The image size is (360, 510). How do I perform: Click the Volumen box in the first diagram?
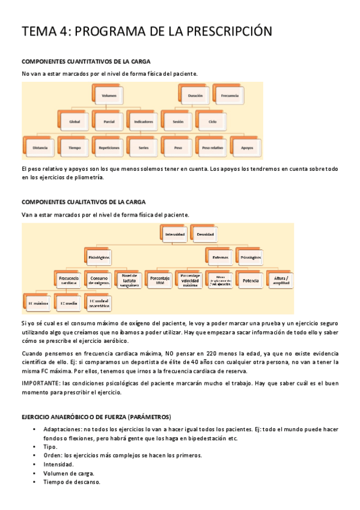tap(109, 96)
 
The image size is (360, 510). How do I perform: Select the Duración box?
tap(194, 96)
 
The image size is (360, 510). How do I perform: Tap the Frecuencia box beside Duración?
tap(229, 96)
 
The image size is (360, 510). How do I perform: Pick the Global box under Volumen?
tap(75, 121)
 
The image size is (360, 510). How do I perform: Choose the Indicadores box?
tap(144, 121)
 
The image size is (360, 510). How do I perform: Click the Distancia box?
tap(40, 147)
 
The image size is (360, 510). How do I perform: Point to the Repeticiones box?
tap(109, 147)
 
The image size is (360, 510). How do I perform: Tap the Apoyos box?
tap(247, 147)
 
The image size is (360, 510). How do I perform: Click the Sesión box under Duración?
tap(178, 121)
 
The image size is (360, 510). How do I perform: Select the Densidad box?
tap(205, 233)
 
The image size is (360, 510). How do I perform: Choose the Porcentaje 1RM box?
tap(159, 280)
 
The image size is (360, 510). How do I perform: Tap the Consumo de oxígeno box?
tap(99, 280)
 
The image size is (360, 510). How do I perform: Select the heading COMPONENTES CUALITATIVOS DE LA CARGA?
tap(83, 202)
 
